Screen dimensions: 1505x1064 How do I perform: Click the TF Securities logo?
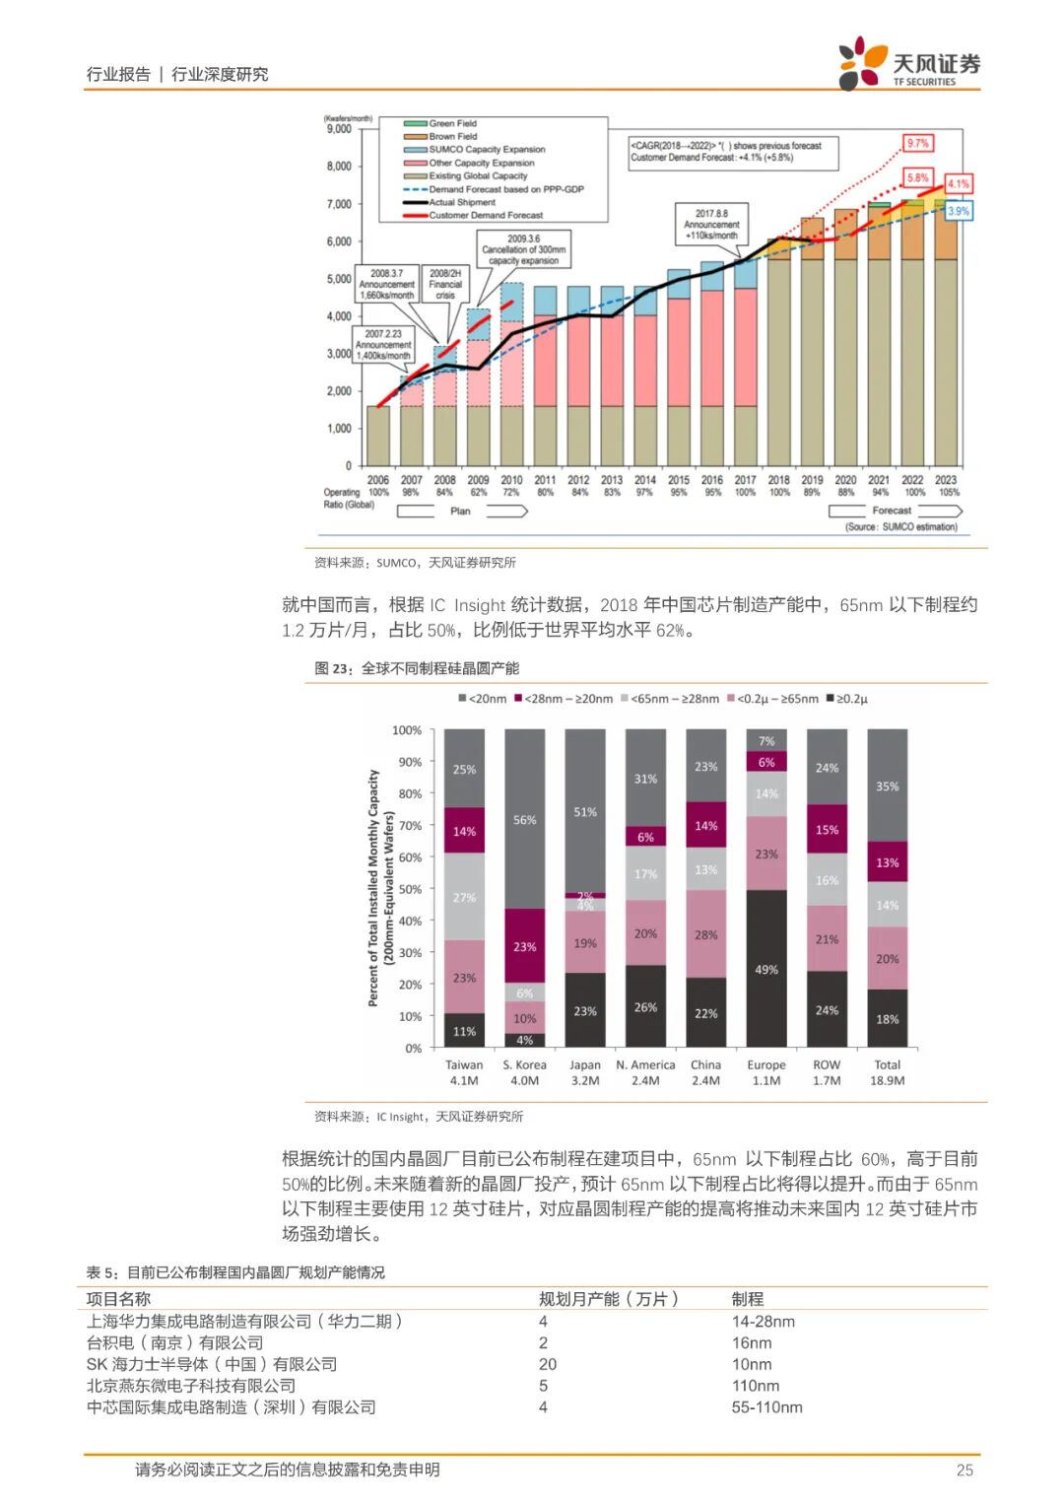tap(907, 64)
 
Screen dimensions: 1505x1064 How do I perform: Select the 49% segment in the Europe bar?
tap(766, 969)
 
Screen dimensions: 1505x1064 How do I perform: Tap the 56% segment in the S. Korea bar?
tap(524, 819)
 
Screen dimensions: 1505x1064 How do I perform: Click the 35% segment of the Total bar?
tap(887, 786)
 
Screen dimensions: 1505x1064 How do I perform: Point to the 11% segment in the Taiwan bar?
tap(464, 1031)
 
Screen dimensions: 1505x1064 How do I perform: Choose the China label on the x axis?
tap(705, 1064)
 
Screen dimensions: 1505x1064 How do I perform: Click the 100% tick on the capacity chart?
tap(407, 730)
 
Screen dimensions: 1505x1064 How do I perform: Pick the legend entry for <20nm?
tap(482, 699)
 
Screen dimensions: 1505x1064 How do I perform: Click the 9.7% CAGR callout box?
tap(917, 143)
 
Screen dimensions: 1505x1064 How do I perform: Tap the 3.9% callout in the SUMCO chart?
tap(958, 211)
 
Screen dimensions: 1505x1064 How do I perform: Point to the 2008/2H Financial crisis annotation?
tap(445, 284)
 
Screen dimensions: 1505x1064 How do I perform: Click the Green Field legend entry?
tap(452, 123)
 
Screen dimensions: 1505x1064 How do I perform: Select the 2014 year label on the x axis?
tap(644, 480)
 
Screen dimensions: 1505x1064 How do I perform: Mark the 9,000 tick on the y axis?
tap(339, 129)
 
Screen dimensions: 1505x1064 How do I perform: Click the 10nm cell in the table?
tap(751, 1364)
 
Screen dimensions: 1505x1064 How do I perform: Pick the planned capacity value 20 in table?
tap(548, 1364)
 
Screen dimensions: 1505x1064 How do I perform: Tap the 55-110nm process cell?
tap(766, 1407)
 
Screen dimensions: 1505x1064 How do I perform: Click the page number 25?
tap(964, 1470)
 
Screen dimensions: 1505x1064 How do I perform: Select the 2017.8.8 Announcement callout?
tap(711, 224)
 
